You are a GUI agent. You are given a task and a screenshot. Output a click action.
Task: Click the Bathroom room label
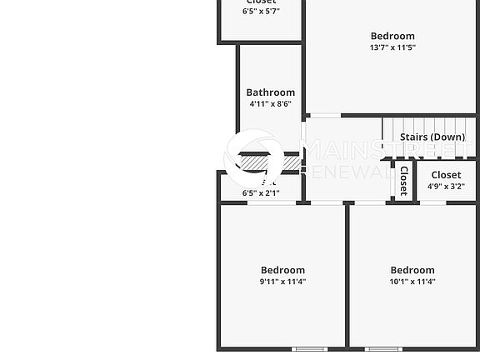pyautogui.click(x=270, y=92)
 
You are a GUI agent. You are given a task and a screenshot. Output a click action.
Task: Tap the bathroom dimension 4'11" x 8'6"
pyautogui.click(x=270, y=104)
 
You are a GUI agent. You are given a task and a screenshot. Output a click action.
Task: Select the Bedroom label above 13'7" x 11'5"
pyautogui.click(x=392, y=36)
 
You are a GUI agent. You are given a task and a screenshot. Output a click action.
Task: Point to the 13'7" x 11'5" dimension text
pyautogui.click(x=392, y=47)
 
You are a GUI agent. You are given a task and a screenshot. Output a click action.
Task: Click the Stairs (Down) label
pyautogui.click(x=432, y=137)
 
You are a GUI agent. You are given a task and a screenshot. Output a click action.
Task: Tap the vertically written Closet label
pyautogui.click(x=403, y=181)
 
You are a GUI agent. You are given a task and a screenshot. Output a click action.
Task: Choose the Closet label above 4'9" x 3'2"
pyautogui.click(x=446, y=175)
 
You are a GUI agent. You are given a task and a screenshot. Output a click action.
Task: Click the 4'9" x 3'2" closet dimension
pyautogui.click(x=446, y=187)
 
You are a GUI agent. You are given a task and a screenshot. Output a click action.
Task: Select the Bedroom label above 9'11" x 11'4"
pyautogui.click(x=282, y=270)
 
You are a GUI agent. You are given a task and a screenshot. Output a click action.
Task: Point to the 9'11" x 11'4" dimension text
pyautogui.click(x=282, y=282)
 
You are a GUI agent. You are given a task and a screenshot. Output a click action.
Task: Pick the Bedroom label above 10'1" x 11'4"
pyautogui.click(x=412, y=270)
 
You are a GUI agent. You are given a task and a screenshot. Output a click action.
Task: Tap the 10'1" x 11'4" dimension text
pyautogui.click(x=412, y=282)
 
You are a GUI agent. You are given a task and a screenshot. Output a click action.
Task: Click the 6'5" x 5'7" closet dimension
pyautogui.click(x=261, y=12)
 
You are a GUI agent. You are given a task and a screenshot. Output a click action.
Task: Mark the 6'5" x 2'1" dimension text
pyautogui.click(x=261, y=193)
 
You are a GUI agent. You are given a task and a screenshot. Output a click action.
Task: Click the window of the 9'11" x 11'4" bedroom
pyautogui.click(x=309, y=348)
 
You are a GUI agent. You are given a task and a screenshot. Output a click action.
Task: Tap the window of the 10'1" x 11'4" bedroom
pyautogui.click(x=382, y=348)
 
